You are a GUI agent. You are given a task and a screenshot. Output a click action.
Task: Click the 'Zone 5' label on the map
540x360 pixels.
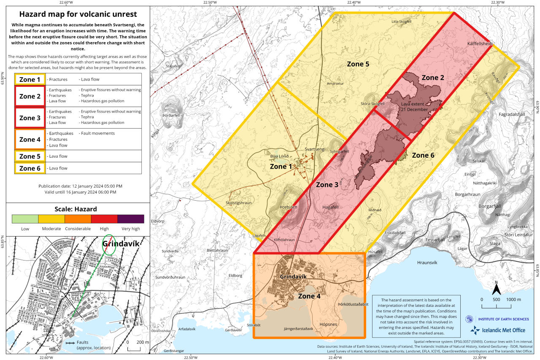click(x=358, y=64)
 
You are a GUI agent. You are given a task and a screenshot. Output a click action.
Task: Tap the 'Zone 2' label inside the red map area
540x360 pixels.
click(x=433, y=78)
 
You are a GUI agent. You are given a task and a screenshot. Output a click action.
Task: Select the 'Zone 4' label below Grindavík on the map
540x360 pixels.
click(x=312, y=296)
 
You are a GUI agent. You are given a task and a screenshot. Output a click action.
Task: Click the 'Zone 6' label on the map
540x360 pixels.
click(x=423, y=155)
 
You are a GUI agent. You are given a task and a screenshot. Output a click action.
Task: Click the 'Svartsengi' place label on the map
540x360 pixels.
click(x=315, y=150)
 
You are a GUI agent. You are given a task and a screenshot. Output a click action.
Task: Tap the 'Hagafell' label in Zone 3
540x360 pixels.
click(x=330, y=207)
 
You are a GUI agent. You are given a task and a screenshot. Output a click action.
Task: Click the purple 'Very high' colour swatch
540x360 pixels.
click(x=131, y=219)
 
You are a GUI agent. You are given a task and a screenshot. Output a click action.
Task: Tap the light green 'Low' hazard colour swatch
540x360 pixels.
click(x=25, y=219)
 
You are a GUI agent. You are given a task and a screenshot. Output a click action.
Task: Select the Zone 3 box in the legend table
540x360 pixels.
click(x=30, y=118)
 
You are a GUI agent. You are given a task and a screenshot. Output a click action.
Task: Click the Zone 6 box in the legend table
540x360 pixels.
click(x=30, y=168)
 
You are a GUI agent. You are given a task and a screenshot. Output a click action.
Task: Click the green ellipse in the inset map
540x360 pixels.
click(x=109, y=244)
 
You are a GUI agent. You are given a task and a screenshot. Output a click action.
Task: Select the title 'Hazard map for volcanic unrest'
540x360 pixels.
click(x=78, y=14)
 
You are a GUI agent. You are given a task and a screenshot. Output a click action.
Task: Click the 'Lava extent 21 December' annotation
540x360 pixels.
click(x=414, y=107)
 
